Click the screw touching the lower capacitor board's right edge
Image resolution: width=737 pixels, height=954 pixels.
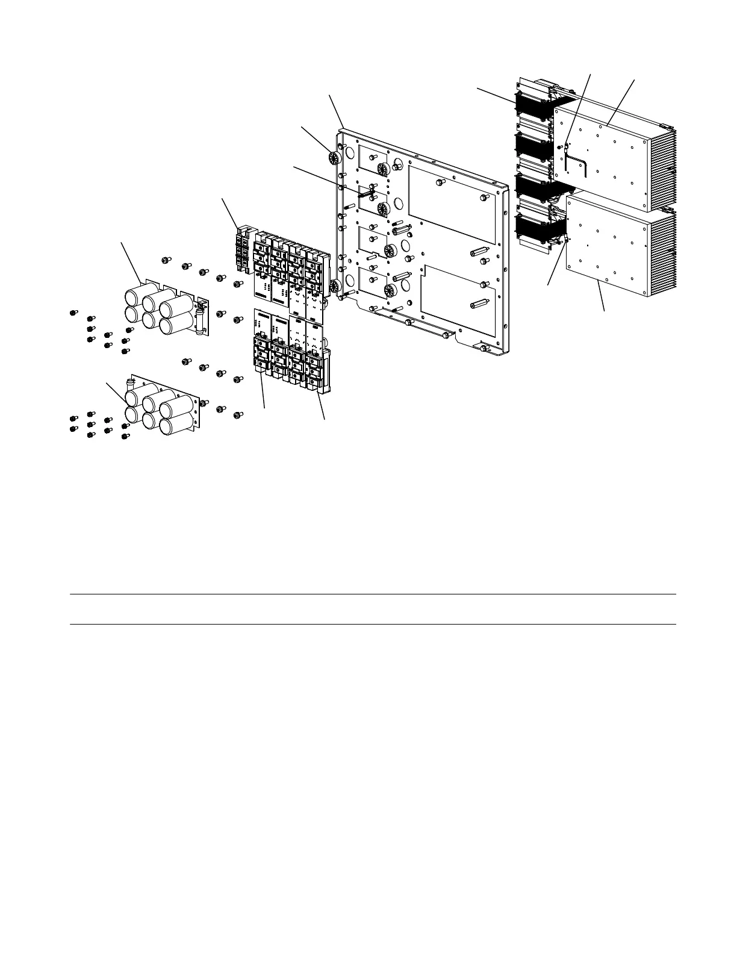point(204,402)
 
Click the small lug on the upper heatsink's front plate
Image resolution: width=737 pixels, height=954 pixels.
point(566,146)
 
